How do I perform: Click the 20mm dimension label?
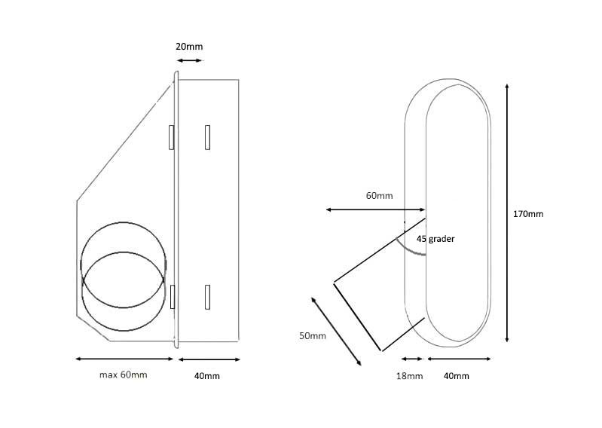188,47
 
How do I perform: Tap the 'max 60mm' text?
124,374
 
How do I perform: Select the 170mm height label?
527,214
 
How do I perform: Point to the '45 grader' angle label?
436,238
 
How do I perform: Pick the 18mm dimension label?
411,375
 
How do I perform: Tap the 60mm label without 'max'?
380,196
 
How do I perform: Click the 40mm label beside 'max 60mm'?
207,375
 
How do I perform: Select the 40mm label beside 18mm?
457,375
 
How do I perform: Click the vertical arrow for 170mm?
509,214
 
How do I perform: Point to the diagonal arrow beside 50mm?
336,330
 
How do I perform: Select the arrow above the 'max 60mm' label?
124,359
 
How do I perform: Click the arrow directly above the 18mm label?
411,359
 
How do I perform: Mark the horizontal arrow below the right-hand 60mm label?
376,209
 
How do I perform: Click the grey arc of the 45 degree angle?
413,246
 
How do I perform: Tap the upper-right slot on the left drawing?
207,136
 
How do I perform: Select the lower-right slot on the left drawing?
207,297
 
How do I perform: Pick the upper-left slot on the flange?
173,136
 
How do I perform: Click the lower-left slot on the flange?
173,297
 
